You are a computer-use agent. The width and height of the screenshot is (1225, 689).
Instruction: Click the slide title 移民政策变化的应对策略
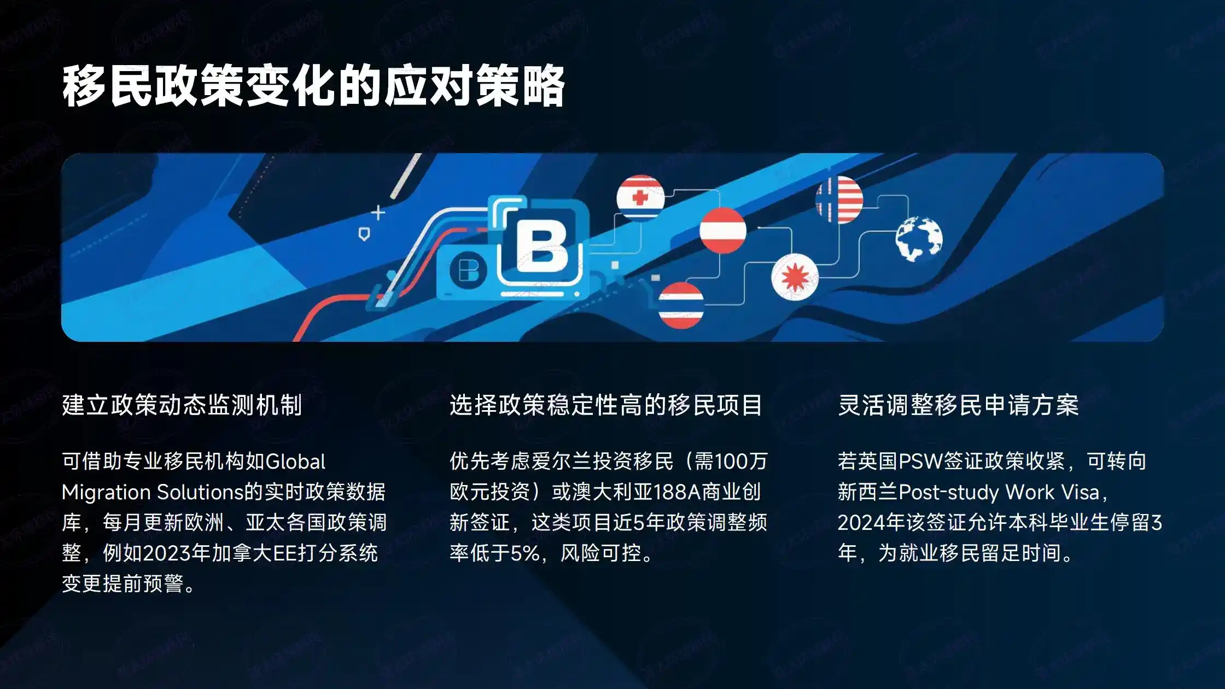[313, 86]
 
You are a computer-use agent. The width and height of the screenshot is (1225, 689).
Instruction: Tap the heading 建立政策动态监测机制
[182, 405]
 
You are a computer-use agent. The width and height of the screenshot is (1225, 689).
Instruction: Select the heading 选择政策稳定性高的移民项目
[605, 405]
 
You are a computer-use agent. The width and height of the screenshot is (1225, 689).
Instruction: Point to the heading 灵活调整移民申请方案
[958, 405]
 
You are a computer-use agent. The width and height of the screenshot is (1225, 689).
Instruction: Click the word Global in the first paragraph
[295, 462]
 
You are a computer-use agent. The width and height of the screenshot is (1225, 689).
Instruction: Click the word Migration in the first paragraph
[106, 492]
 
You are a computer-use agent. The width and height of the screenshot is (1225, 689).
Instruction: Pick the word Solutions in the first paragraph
[200, 492]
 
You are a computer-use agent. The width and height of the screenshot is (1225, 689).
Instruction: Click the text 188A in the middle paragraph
[677, 492]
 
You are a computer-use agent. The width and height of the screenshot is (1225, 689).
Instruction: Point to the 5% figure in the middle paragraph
[525, 553]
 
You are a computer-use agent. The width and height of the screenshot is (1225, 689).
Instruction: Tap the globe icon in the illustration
[919, 239]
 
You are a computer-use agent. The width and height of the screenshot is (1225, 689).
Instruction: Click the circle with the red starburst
[795, 277]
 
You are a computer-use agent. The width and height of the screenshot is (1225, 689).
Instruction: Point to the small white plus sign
[378, 212]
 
